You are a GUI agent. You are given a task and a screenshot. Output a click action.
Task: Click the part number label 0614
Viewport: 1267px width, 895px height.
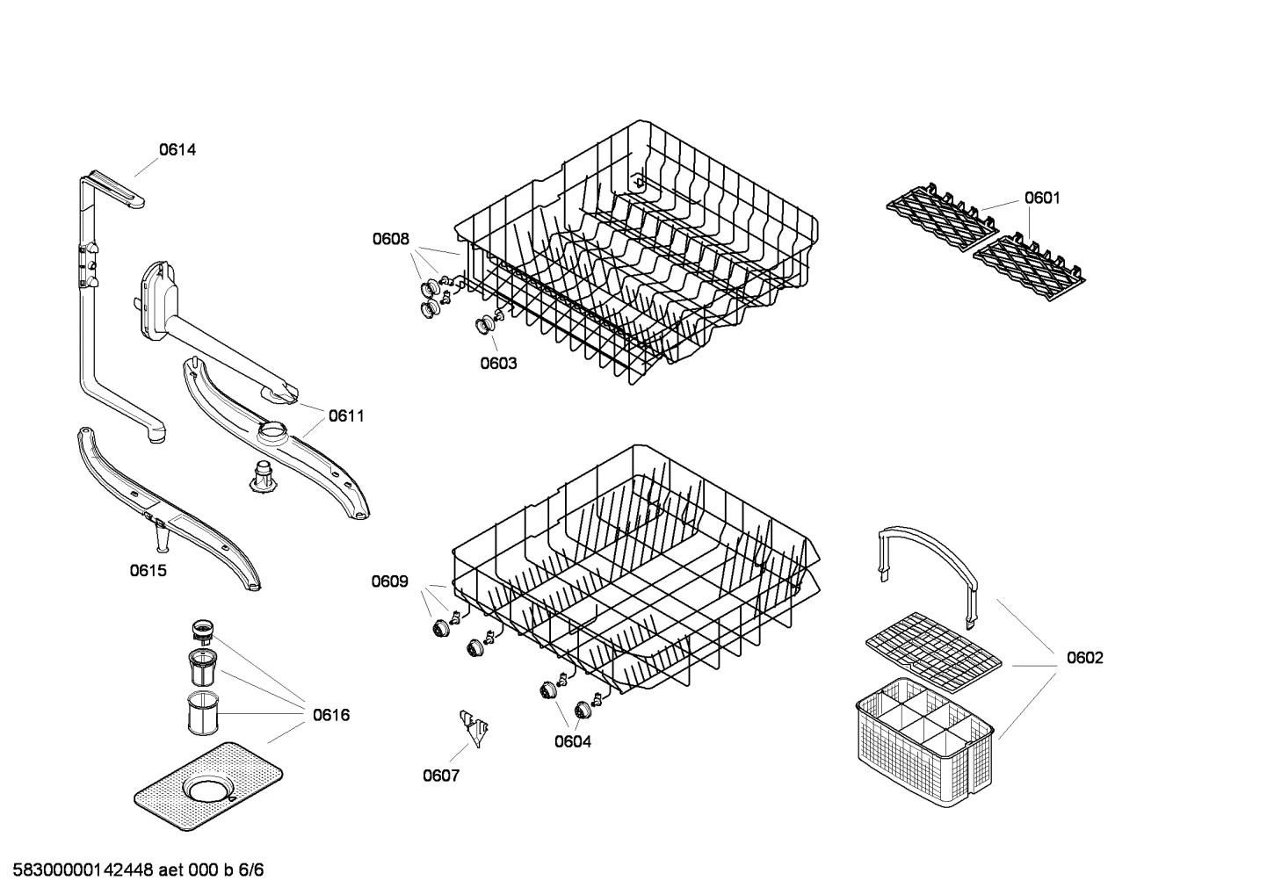pos(177,150)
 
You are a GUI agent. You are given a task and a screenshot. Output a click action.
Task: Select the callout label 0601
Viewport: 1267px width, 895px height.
pos(1042,198)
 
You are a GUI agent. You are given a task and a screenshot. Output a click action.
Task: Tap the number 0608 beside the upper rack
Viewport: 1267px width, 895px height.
pos(390,239)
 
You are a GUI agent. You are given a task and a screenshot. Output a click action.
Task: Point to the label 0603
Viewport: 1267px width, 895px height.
pos(498,364)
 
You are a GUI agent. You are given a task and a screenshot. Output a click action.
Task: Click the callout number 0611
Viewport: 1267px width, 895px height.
pos(346,416)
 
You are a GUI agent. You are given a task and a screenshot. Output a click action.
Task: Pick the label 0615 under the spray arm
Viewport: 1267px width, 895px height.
pos(148,571)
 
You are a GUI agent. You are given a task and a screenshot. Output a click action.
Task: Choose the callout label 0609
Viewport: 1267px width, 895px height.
pos(389,581)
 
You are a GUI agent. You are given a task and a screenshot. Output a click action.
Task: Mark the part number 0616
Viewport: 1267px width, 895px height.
pos(331,715)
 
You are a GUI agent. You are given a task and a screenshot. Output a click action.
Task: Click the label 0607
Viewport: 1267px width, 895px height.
pos(441,776)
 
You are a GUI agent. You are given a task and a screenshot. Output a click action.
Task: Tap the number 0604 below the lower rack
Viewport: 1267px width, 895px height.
pos(573,742)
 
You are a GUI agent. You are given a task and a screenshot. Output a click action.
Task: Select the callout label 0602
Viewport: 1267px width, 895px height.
pos(1085,658)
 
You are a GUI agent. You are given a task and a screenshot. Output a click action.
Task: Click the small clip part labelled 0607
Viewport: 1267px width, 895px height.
pos(475,728)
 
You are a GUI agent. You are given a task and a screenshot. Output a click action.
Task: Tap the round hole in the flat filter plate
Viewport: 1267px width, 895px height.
pos(209,789)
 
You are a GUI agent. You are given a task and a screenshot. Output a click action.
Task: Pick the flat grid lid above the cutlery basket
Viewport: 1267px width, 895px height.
pos(933,646)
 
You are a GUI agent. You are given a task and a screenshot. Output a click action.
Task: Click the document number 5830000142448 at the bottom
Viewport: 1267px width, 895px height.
pos(79,871)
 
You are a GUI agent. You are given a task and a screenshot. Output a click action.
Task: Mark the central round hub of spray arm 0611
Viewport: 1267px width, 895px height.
pos(273,432)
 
